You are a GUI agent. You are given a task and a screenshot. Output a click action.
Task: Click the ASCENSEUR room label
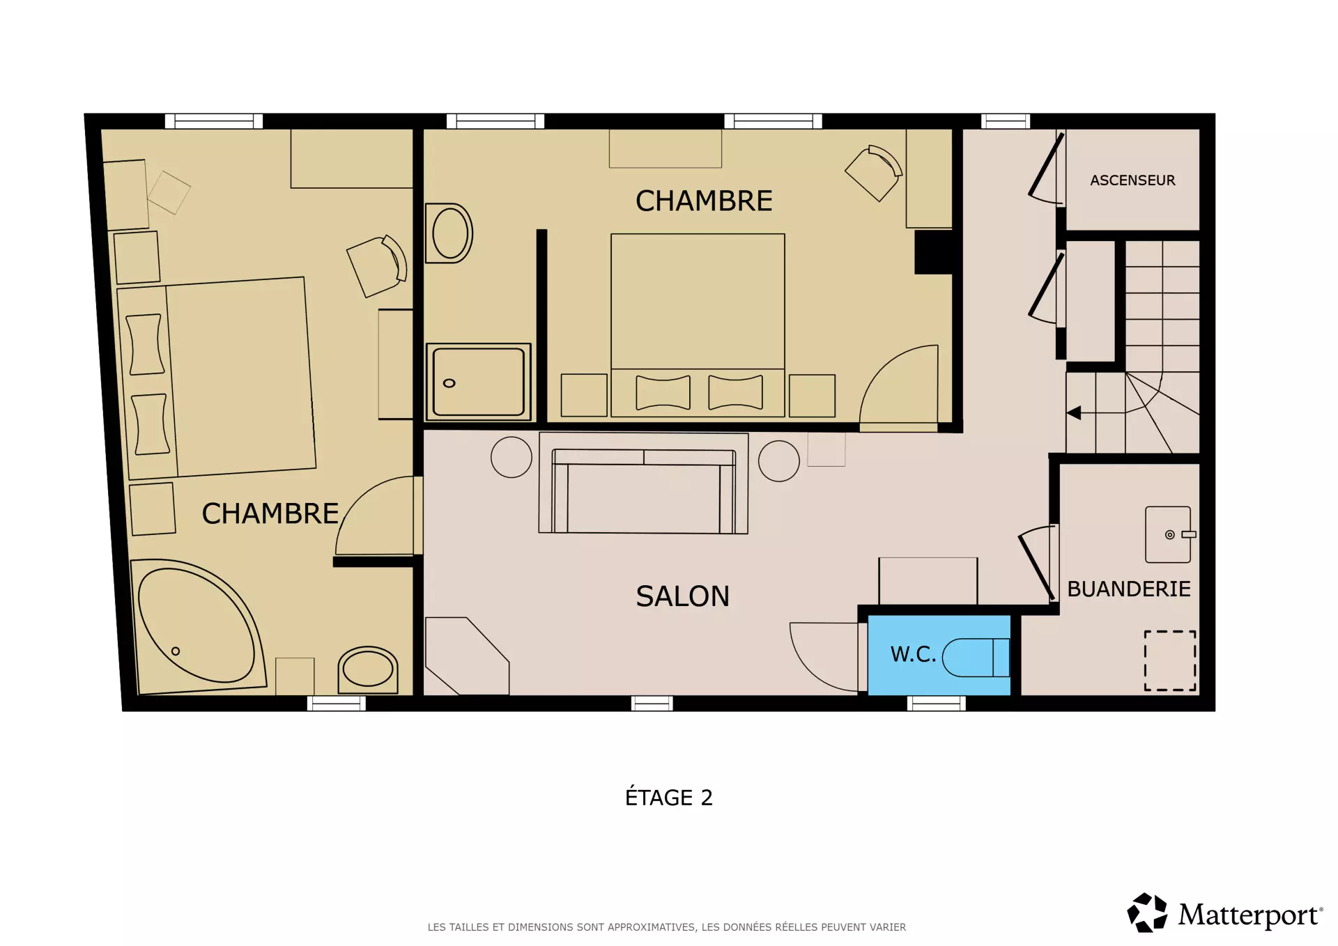point(1132,180)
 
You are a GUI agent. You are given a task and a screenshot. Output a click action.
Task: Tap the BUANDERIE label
point(1129,589)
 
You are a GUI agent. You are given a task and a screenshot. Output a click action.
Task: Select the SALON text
point(682,596)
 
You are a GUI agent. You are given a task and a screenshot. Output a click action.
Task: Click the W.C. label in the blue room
point(913,654)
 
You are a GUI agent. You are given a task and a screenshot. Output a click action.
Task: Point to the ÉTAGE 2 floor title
point(669,797)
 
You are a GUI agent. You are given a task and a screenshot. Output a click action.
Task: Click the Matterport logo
point(1224,913)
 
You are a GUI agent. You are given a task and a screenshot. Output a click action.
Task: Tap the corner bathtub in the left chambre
point(199,626)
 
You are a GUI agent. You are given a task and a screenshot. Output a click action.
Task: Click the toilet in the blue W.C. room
point(976,658)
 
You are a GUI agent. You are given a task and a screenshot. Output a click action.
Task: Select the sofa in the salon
point(643,491)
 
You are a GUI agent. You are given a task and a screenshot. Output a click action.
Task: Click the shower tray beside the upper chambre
point(478,382)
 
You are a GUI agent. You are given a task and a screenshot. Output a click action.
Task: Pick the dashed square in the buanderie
point(1170,660)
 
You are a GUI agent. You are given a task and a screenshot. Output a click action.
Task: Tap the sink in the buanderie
point(1169,534)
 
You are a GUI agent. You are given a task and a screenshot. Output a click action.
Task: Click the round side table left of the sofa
point(512,457)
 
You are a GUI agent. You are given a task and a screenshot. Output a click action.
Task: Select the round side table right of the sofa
point(778,460)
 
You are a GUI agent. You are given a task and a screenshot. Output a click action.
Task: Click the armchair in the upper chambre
point(875,172)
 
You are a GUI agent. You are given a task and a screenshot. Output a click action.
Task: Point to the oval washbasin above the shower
point(449,233)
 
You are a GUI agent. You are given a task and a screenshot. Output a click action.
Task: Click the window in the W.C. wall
point(936,704)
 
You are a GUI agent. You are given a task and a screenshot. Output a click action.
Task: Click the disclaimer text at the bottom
point(667,927)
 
